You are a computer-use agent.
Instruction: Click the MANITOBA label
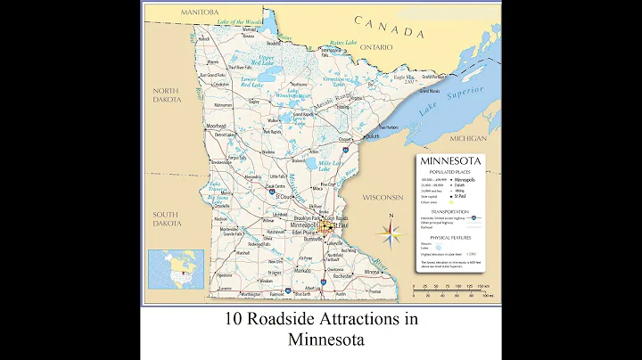[199, 12]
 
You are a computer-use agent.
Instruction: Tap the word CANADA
[389, 27]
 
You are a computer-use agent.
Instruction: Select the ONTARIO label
[376, 47]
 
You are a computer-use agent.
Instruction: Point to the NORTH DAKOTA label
[166, 95]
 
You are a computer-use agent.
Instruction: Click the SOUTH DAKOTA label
[166, 218]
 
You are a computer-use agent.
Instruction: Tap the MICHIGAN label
[467, 139]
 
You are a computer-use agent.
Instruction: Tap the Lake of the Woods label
[240, 20]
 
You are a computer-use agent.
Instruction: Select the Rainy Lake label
[342, 43]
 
